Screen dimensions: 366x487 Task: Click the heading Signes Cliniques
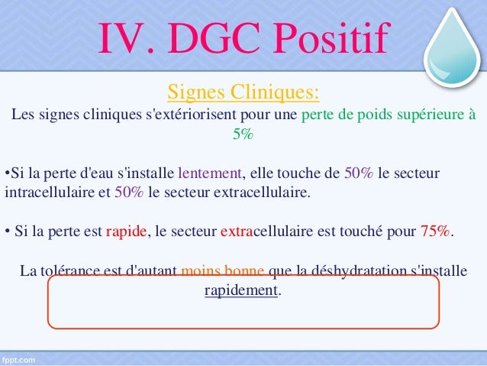click(243, 93)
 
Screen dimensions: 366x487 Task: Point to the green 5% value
click(243, 134)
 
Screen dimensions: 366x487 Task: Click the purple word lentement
click(209, 172)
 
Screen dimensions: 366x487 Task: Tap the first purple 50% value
click(359, 172)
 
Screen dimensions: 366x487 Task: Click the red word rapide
click(126, 232)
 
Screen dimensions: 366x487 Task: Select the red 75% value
click(435, 232)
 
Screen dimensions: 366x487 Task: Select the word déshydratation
click(358, 271)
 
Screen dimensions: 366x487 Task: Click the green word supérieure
click(430, 115)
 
